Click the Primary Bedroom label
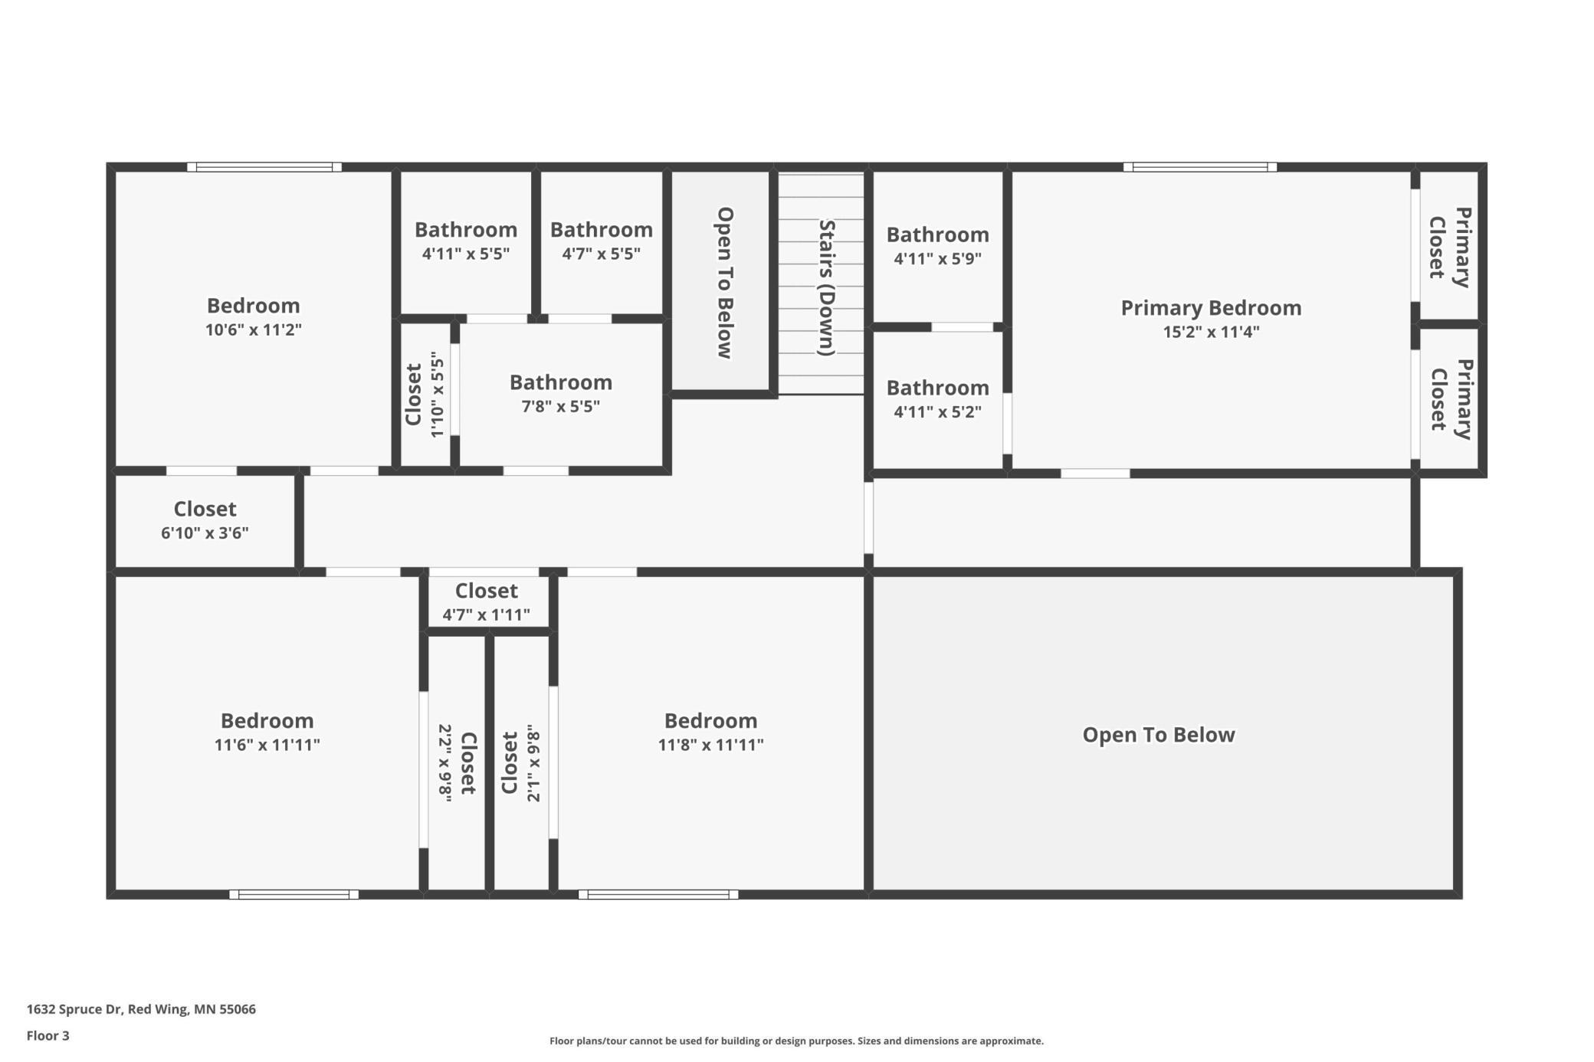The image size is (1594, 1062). (1211, 308)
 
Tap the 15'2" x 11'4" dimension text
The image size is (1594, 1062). (1211, 332)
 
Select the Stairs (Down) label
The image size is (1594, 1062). (826, 288)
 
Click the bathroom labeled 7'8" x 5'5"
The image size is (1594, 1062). (561, 395)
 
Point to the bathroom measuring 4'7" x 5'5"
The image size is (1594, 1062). (602, 242)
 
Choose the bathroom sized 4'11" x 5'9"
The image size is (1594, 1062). (938, 247)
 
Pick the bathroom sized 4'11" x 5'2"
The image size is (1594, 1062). (938, 400)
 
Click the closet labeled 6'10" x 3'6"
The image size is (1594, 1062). (205, 521)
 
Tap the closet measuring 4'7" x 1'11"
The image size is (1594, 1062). (487, 602)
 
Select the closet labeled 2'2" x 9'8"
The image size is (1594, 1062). (457, 763)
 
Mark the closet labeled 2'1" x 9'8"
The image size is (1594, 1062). (521, 763)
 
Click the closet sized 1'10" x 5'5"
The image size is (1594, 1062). (425, 395)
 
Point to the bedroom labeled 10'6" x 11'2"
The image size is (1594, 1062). (254, 318)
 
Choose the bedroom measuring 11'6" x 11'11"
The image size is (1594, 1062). (267, 733)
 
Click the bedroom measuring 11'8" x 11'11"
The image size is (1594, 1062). (711, 733)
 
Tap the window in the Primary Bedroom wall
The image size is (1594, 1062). (1200, 167)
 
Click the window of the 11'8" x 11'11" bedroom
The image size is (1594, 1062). (658, 894)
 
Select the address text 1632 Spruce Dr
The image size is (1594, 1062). (74, 1009)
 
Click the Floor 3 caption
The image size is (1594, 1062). (48, 1036)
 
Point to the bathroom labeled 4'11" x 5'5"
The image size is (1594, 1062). (466, 242)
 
